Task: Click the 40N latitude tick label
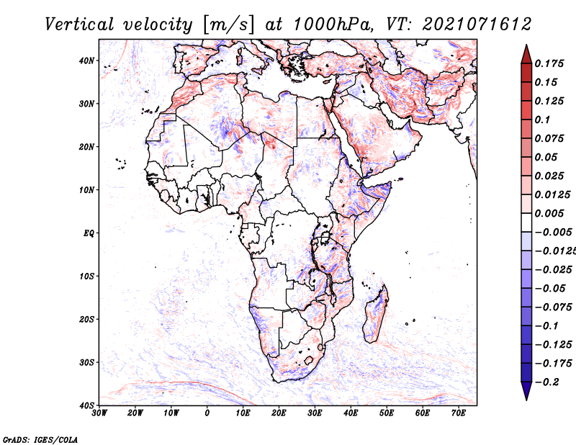(x=86, y=60)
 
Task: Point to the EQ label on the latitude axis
(x=89, y=233)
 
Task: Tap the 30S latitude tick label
(x=86, y=363)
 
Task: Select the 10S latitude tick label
(x=86, y=277)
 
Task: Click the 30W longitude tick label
(x=99, y=413)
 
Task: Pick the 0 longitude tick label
(x=207, y=413)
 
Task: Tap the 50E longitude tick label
(x=387, y=413)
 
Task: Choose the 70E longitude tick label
(x=459, y=413)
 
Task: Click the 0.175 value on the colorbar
(x=549, y=63)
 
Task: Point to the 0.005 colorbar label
(x=549, y=213)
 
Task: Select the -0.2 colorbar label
(x=547, y=382)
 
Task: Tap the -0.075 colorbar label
(x=554, y=307)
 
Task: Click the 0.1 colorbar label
(x=543, y=120)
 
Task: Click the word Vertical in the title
(x=79, y=24)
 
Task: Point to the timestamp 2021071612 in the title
(x=477, y=24)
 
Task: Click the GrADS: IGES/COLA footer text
(x=40, y=440)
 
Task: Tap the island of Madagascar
(x=375, y=314)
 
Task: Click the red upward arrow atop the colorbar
(x=526, y=54)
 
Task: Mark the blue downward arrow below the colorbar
(x=526, y=391)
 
